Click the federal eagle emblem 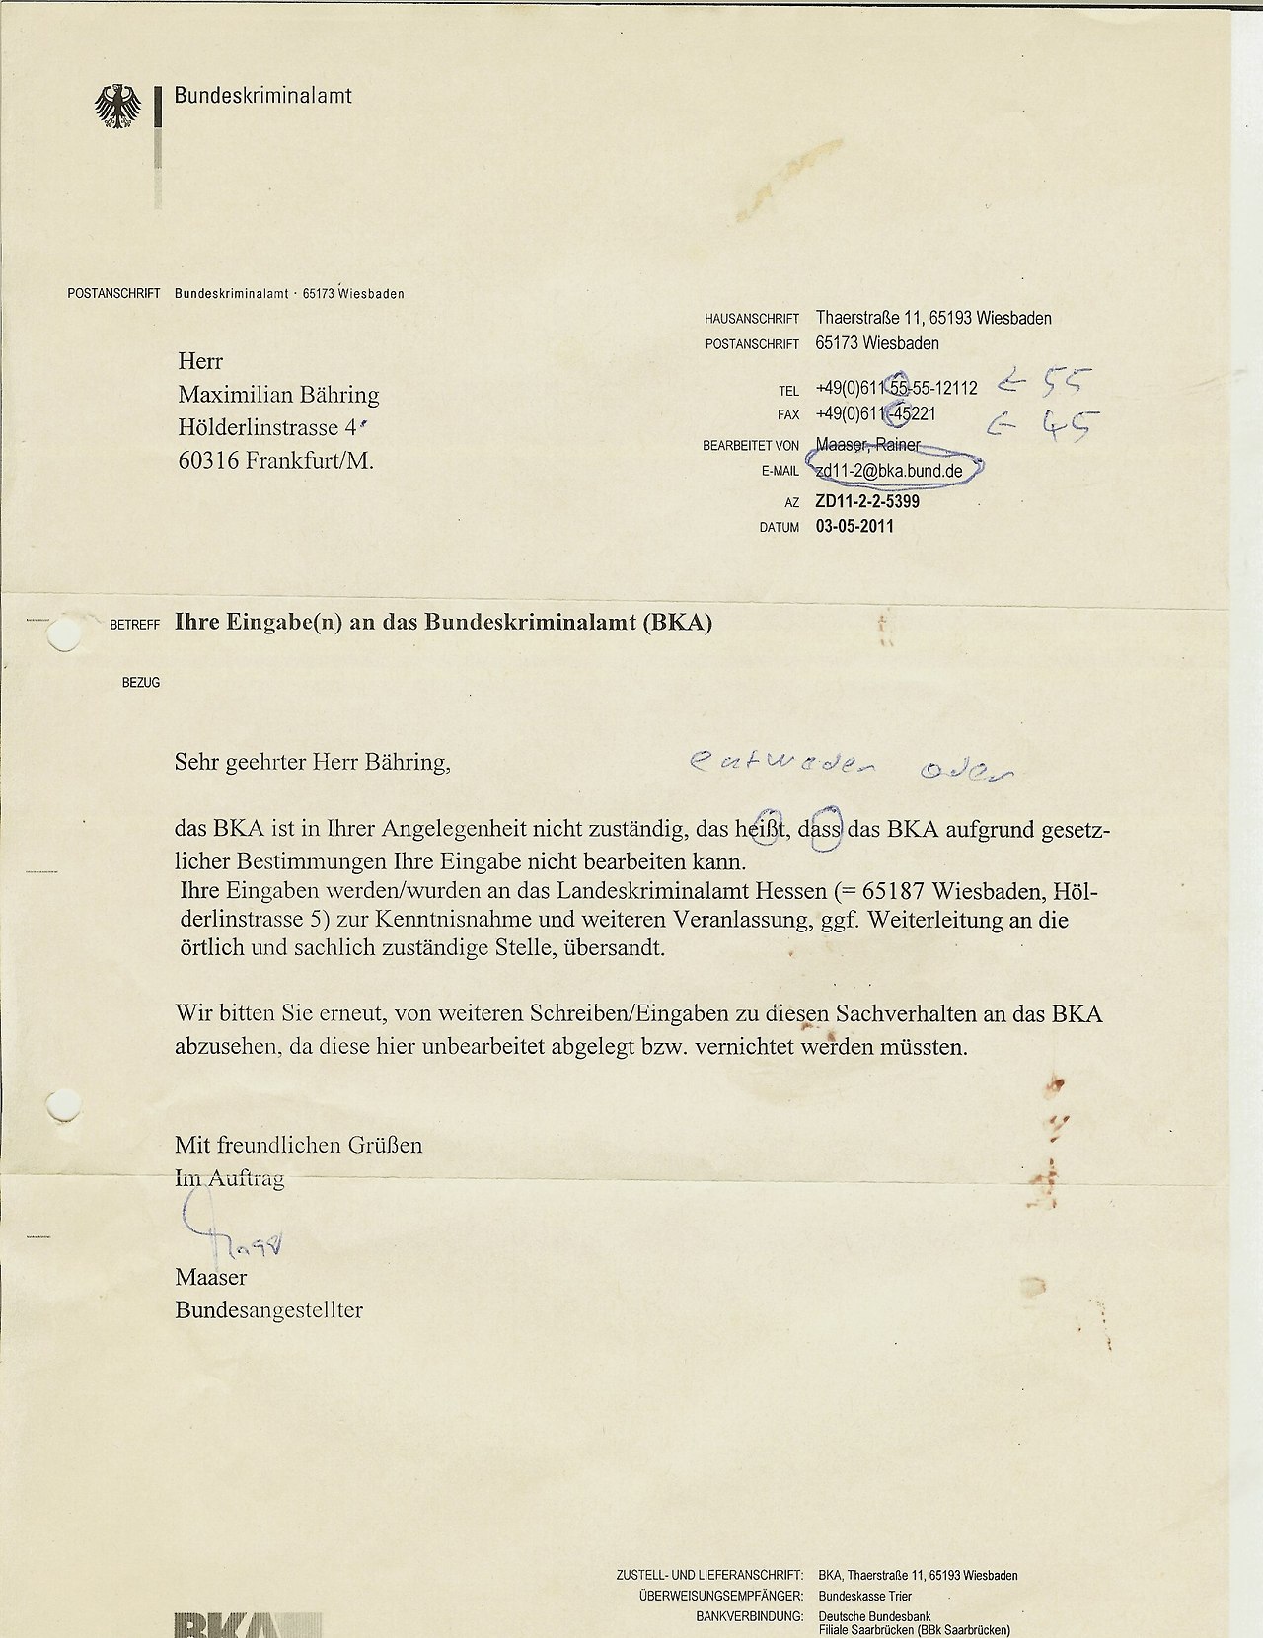coord(117,106)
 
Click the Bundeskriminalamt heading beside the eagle coord(262,96)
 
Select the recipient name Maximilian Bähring coord(278,395)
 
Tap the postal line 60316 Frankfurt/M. coord(275,460)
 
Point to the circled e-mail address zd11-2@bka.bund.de coord(889,471)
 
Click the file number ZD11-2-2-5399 coord(867,501)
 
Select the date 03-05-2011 coord(854,526)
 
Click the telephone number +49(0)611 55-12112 coord(896,388)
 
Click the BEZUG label coord(141,682)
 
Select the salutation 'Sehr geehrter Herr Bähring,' coord(312,762)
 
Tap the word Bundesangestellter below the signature coord(268,1310)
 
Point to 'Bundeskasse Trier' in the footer coord(864,1596)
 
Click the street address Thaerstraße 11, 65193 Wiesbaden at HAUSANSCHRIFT coord(933,318)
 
